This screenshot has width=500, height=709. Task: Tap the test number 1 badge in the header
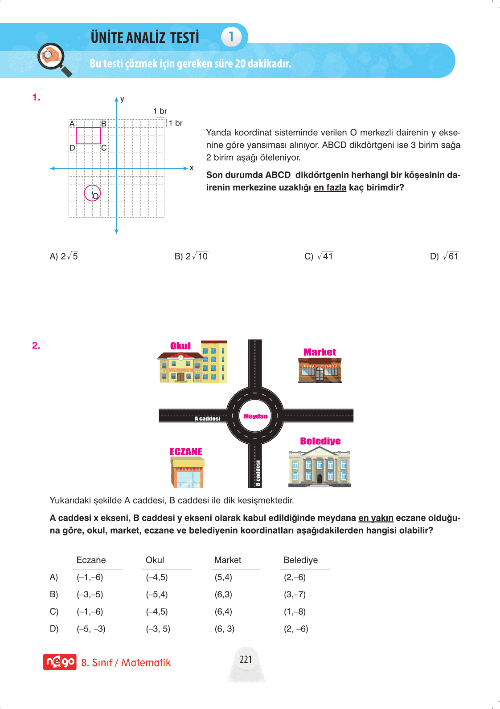click(231, 36)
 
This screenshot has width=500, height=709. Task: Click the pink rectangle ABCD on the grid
click(88, 135)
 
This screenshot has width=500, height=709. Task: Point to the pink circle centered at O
click(92, 193)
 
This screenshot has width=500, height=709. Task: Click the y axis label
click(122, 99)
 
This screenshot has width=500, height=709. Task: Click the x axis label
click(192, 168)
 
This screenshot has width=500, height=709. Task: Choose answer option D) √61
click(444, 256)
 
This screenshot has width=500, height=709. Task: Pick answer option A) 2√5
click(64, 256)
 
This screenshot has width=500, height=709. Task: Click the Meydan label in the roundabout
click(255, 416)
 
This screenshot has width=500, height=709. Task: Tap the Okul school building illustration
click(193, 363)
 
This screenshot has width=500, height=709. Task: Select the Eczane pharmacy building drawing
click(187, 472)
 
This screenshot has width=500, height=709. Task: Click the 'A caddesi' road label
click(207, 418)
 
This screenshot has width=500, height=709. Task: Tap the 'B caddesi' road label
click(258, 473)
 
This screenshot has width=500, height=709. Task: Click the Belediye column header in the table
click(301, 560)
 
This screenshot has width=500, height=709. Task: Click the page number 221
click(246, 659)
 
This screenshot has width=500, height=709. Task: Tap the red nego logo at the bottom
click(60, 662)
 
